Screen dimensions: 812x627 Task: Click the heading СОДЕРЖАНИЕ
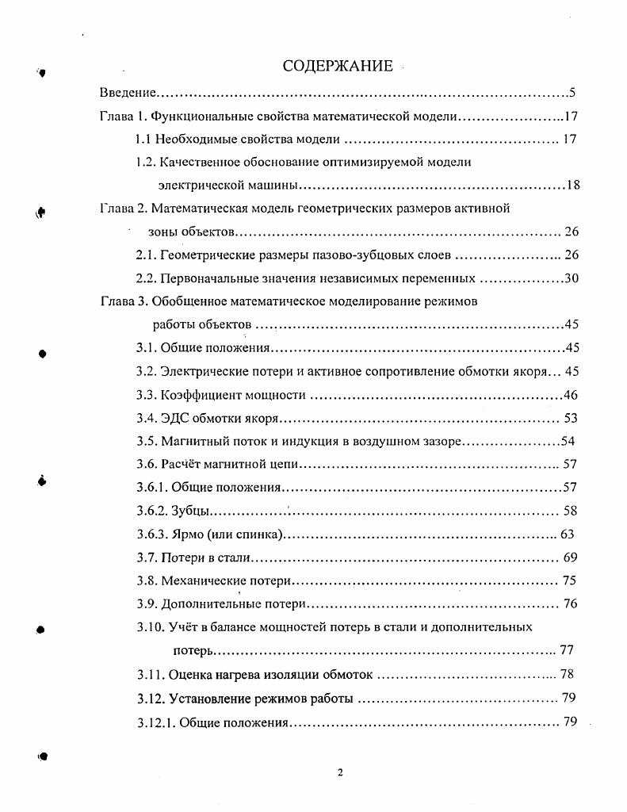click(337, 66)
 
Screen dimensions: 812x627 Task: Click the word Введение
click(127, 94)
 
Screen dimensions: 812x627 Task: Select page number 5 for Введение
click(572, 94)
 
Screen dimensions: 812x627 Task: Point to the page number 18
click(573, 186)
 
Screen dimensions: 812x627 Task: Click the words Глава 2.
click(123, 209)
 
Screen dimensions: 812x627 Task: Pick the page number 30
click(572, 278)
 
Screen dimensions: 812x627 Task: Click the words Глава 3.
click(123, 301)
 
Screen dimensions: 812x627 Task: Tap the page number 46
click(572, 395)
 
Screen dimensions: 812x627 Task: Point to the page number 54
click(568, 441)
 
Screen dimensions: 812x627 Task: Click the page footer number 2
click(340, 773)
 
